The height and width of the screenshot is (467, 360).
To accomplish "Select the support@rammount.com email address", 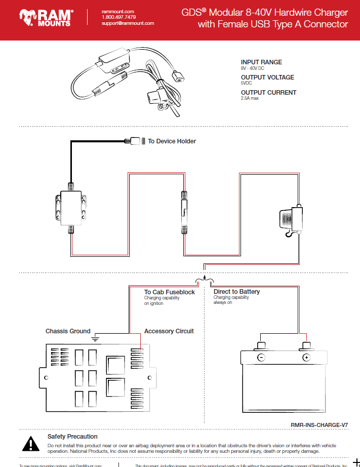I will click(128, 23).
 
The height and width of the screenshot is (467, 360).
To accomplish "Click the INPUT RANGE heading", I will click(261, 62).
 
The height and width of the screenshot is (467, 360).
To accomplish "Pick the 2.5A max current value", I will click(250, 98).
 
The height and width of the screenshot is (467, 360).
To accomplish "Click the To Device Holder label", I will click(172, 141).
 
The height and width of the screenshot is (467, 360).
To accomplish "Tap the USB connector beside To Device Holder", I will click(135, 141).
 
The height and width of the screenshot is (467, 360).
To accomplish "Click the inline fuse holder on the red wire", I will click(185, 212).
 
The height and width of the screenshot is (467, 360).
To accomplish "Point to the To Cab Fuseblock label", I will click(169, 292).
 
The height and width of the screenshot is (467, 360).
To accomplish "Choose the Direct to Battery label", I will click(236, 292).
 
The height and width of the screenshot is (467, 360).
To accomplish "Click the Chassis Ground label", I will click(68, 331).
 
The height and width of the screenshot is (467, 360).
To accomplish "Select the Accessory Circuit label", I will click(169, 331).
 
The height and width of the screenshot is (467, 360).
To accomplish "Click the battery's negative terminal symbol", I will click(261, 358).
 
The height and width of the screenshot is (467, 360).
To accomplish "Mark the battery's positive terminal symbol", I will click(306, 358).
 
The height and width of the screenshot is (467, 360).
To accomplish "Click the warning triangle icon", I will click(31, 444).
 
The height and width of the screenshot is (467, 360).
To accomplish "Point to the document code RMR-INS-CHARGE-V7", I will click(319, 426).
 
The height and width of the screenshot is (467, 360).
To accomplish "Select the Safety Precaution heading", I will click(72, 437).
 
